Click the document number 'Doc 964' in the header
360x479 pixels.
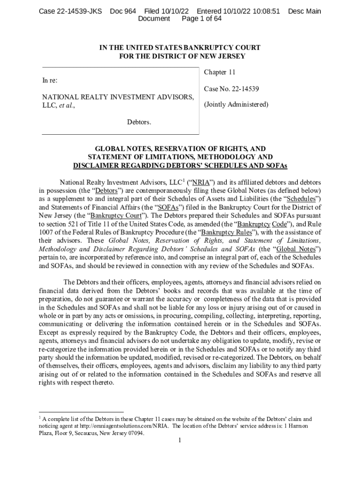(x=123, y=11)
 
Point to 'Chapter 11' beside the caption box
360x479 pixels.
(x=220, y=72)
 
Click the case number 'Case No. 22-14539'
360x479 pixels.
(x=231, y=88)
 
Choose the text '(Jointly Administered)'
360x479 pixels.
(x=236, y=104)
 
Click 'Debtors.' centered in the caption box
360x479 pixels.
(x=139, y=122)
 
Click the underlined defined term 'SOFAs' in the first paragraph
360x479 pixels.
(x=169, y=207)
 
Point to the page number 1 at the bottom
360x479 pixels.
(x=180, y=442)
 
